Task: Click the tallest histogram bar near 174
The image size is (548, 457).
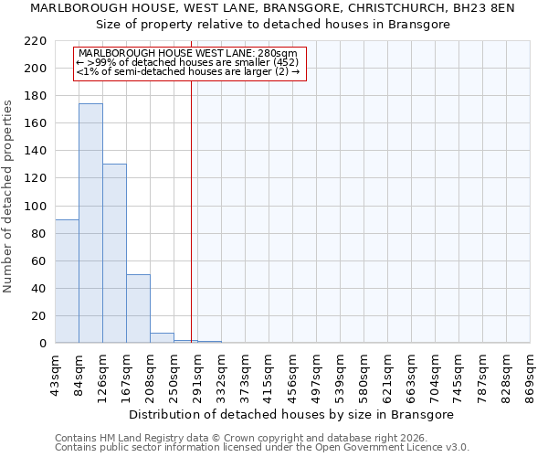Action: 90,223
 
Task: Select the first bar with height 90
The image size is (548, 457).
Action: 67,281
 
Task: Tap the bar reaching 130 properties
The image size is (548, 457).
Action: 114,253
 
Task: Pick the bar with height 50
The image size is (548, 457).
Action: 138,308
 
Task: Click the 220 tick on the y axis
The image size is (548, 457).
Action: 36,41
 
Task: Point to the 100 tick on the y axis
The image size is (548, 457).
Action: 36,207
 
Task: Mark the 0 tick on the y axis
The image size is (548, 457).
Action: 42,344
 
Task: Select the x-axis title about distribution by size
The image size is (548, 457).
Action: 291,414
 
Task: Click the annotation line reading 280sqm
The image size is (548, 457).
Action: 188,53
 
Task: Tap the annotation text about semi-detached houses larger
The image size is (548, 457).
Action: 188,71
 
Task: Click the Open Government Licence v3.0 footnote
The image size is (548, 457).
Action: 262,447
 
